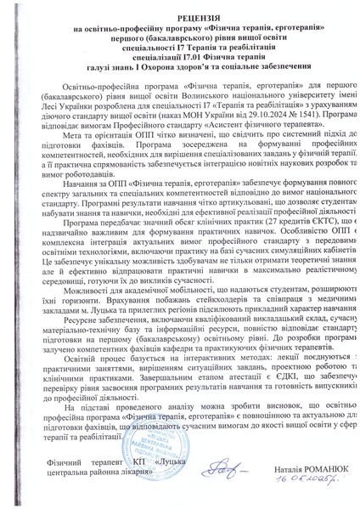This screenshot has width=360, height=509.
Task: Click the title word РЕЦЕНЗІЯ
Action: (180, 17)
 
